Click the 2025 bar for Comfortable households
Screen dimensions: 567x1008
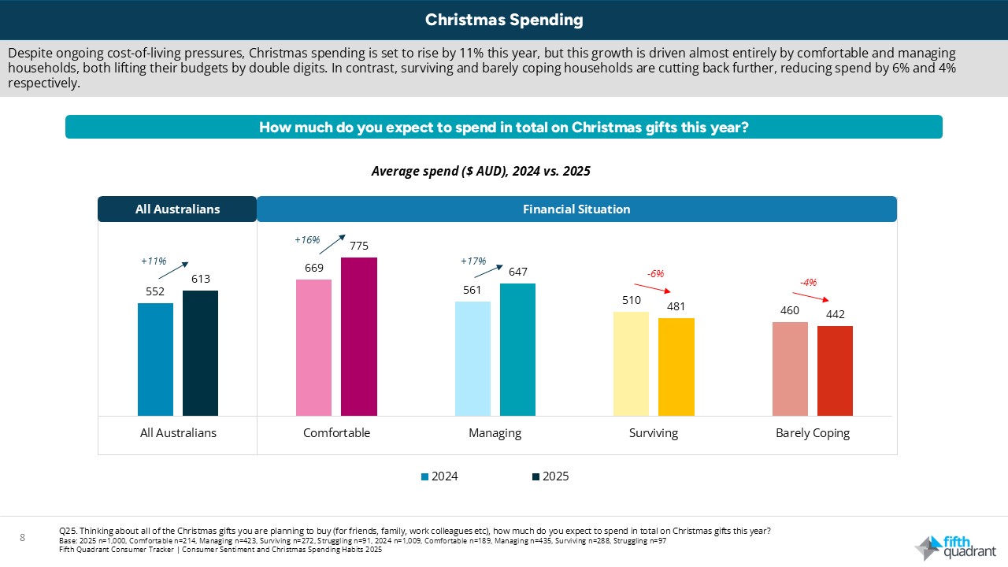coord(358,336)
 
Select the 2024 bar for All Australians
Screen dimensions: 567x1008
coord(155,359)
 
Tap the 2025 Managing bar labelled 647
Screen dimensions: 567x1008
coord(517,349)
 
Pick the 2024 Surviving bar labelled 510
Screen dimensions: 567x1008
coord(631,363)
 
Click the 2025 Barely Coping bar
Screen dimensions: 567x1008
coord(835,370)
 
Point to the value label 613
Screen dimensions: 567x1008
coord(200,279)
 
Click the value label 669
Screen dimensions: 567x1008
coord(313,268)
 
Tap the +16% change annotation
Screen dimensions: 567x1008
coord(306,239)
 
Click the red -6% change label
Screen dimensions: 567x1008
coord(655,273)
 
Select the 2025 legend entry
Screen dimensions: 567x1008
coord(550,476)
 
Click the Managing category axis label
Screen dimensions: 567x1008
coord(495,433)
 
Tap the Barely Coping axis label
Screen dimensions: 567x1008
coord(812,433)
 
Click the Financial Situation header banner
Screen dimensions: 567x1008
coord(576,209)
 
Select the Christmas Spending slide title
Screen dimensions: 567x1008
coord(504,20)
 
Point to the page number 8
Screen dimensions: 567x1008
coord(23,538)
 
